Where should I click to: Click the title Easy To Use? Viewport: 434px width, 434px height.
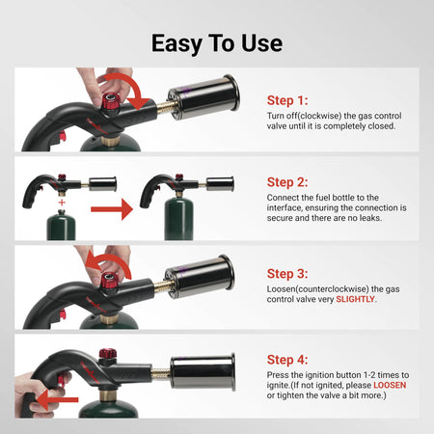point(216,43)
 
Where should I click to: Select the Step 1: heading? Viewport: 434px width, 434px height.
point(287,99)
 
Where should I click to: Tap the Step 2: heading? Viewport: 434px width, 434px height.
point(287,181)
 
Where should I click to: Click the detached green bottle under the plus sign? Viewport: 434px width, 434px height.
point(62,228)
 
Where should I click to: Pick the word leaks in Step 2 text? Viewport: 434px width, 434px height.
point(397,218)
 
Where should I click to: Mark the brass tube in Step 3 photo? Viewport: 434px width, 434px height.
point(158,288)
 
